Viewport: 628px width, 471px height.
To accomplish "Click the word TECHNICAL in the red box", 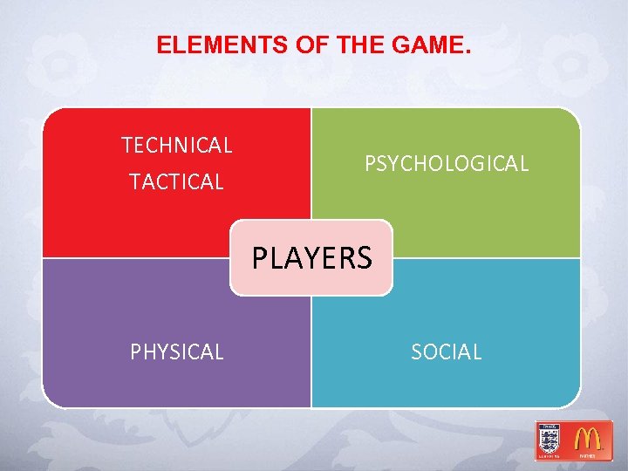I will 177,146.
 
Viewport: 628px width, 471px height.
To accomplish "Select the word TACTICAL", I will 176,182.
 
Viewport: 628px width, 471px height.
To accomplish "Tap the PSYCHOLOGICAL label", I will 447,164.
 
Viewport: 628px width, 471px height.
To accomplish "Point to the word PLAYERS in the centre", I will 312,258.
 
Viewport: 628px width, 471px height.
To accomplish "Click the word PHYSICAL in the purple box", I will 177,352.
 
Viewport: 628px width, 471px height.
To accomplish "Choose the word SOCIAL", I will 447,352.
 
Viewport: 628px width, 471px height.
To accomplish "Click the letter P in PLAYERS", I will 260,258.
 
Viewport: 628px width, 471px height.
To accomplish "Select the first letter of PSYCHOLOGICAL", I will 370,164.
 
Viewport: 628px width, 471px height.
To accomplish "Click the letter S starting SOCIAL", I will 416,352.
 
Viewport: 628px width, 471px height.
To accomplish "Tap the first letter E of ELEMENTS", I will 163,45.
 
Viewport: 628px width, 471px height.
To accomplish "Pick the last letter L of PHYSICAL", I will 219,352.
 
